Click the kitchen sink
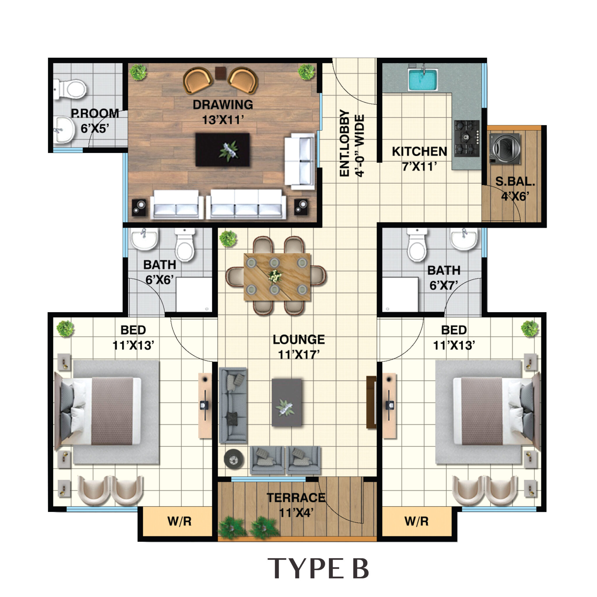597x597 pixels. point(423,79)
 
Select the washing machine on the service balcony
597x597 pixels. point(505,148)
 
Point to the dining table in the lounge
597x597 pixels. point(277,277)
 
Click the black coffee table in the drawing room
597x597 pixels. point(222,150)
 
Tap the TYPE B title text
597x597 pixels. point(318,568)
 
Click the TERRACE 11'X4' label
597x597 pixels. point(296,505)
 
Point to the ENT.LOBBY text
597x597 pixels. point(345,143)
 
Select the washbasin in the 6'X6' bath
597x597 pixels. point(144,239)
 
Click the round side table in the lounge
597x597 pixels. point(233,459)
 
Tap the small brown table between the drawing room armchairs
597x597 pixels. point(220,73)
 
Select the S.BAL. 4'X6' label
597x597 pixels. point(515,189)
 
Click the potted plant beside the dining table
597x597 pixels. point(228,238)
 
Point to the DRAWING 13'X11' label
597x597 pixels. point(223,112)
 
